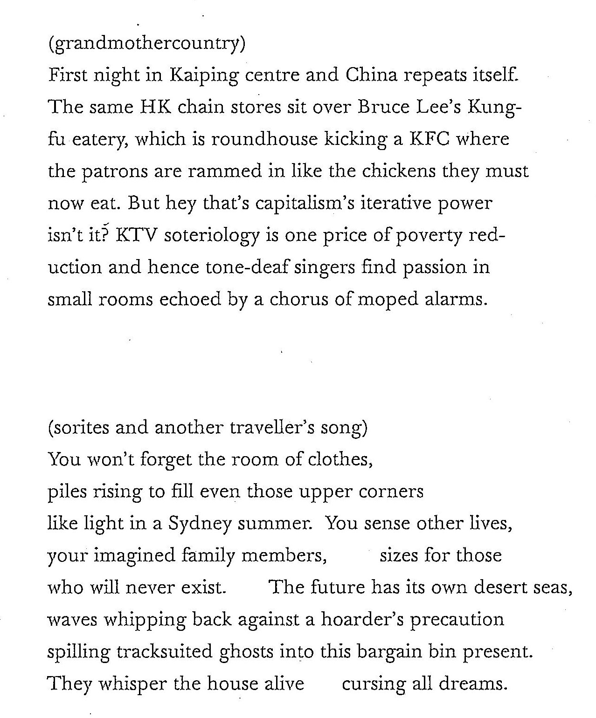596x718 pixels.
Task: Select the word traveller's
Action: point(272,427)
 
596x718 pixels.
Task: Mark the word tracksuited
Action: point(165,651)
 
